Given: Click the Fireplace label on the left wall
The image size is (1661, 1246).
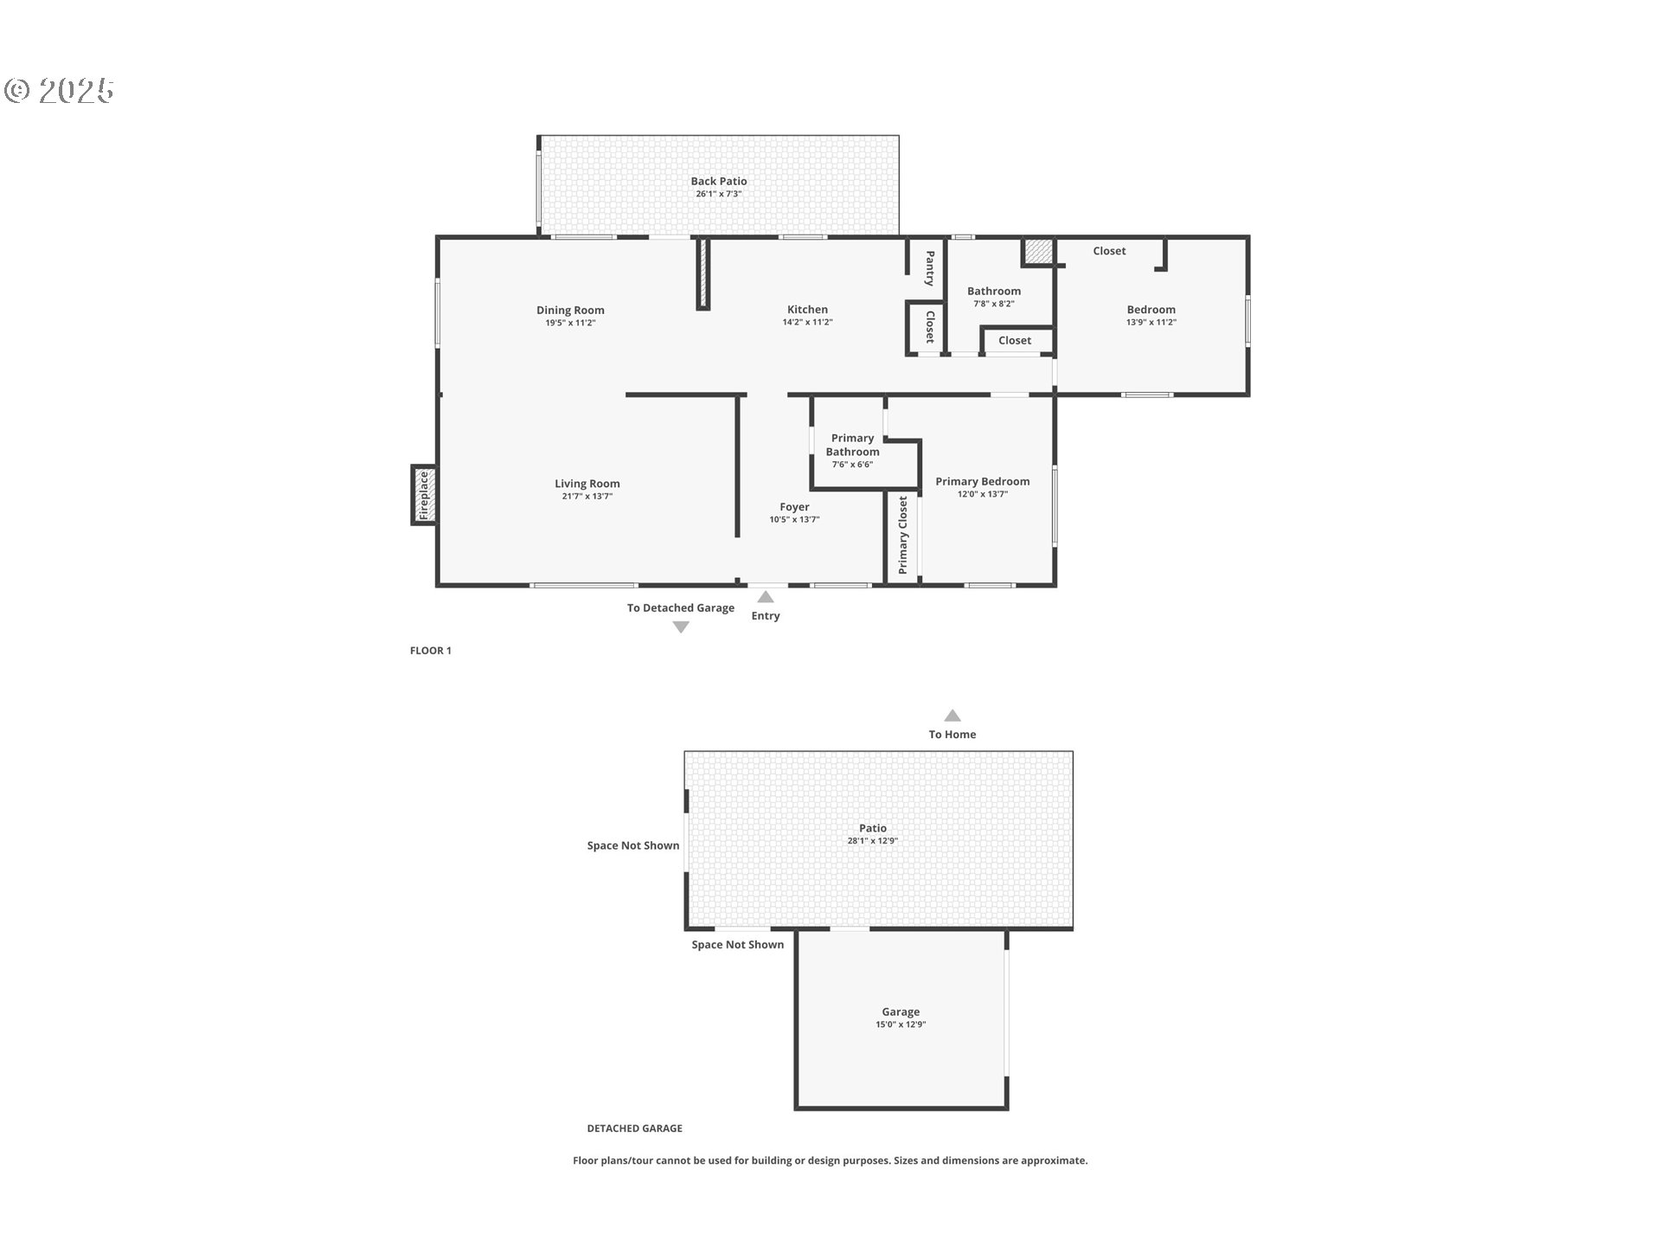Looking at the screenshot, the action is tap(424, 495).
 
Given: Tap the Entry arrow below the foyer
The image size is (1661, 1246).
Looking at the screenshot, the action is tap(766, 596).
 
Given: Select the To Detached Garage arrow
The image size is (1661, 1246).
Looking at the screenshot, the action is tap(681, 627).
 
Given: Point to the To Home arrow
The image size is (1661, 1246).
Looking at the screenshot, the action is tap(952, 716).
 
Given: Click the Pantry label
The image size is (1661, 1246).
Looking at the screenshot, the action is tap(930, 268).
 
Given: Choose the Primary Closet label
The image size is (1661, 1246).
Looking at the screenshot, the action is tap(903, 535).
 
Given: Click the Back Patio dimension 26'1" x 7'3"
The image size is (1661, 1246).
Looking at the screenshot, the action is tap(719, 194).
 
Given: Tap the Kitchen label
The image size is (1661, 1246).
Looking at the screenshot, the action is tap(807, 309).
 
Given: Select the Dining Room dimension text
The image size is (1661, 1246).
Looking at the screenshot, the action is tap(570, 323).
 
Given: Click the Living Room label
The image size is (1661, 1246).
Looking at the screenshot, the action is tap(587, 484).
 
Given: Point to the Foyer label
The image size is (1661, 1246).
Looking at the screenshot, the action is tap(794, 507).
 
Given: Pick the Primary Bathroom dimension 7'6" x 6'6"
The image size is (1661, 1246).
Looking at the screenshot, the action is tap(852, 465).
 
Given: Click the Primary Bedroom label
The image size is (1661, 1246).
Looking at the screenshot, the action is tap(983, 481).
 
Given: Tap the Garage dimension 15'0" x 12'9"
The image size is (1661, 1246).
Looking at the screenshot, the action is tap(901, 1024).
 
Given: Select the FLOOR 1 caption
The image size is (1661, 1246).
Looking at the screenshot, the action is tap(431, 651).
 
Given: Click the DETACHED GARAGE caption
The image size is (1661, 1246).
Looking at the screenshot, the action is tap(635, 1128).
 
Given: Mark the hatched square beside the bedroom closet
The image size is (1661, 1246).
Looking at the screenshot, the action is tap(1038, 252).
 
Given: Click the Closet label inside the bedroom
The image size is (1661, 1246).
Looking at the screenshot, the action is tap(1109, 251).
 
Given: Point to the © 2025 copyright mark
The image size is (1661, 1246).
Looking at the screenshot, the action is tap(59, 91).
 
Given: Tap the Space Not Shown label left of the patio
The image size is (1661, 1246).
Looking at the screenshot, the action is tap(633, 845).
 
